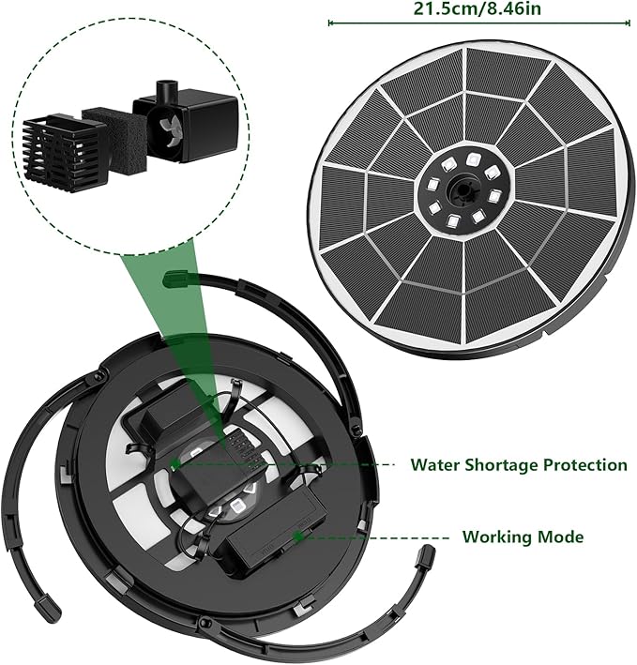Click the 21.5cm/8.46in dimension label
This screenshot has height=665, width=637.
point(478,8)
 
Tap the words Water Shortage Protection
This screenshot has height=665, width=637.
point(519,465)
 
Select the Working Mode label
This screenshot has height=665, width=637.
point(523,537)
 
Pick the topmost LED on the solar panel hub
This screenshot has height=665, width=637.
point(472,159)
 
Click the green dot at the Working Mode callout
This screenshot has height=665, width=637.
point(299,537)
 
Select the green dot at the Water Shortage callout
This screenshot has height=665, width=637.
point(174,465)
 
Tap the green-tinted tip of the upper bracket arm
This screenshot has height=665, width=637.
point(174,279)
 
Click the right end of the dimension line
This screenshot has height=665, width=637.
point(629,23)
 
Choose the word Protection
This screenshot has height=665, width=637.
point(585,465)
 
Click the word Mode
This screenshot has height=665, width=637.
point(560,537)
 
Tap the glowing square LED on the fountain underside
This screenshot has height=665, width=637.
point(235,506)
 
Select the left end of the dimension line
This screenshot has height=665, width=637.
point(329,23)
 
